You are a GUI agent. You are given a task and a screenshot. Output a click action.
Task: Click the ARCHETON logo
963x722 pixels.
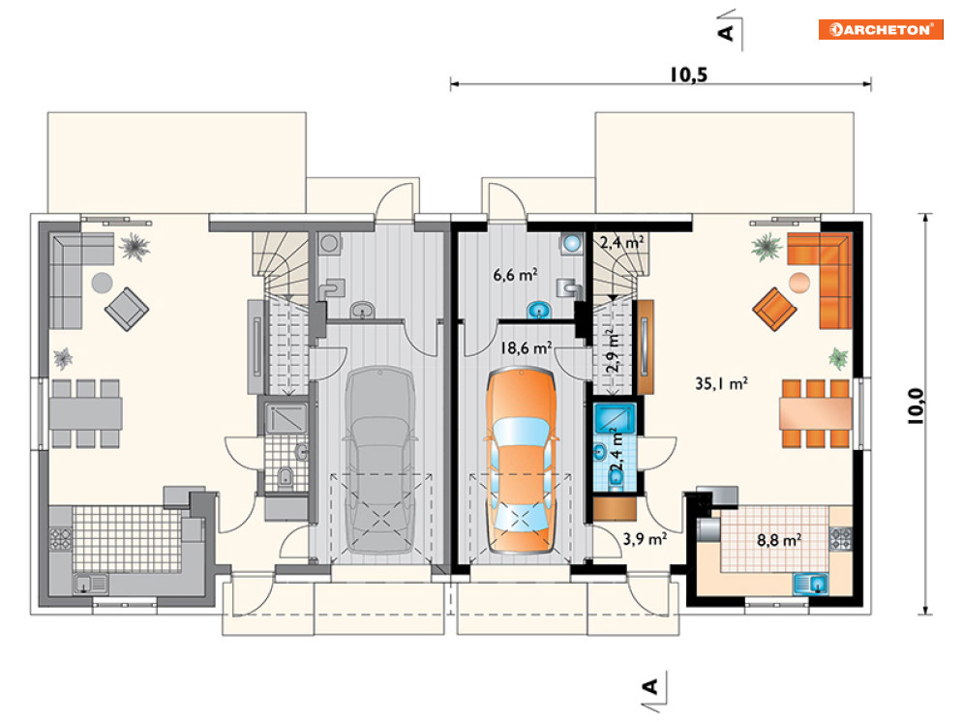point(880,29)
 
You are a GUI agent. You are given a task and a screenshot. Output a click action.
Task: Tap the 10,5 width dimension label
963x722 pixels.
point(688,75)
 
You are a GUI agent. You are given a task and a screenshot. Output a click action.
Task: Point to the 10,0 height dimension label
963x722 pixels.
point(916,406)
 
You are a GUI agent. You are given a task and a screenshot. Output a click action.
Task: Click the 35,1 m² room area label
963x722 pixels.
point(721,383)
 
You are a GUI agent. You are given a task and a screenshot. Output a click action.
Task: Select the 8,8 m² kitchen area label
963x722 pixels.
point(779,540)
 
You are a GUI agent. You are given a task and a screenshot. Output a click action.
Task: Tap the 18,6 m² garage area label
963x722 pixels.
point(526,348)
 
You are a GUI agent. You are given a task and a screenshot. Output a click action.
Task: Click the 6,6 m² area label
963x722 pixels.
point(515,275)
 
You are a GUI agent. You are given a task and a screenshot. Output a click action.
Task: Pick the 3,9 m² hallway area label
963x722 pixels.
point(645,539)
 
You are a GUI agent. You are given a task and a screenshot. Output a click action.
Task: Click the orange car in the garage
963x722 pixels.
point(522,460)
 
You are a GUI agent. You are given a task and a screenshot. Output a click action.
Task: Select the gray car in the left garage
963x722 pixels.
point(380,460)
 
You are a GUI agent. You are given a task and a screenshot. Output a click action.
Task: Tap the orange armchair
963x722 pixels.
point(774,309)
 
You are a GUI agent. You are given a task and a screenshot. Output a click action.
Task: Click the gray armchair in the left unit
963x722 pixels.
point(127,309)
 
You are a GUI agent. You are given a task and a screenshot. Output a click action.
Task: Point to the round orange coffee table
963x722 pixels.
point(799,283)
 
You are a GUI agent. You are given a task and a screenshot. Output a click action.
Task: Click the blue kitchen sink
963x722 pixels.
point(811,584)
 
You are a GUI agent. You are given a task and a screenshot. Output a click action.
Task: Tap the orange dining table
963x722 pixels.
point(816,413)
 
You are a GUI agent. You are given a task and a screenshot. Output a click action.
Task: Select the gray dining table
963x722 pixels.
point(85,413)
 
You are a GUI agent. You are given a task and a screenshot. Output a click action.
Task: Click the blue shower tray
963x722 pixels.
point(615,418)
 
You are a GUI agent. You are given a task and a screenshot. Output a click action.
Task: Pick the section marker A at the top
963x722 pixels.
point(726,32)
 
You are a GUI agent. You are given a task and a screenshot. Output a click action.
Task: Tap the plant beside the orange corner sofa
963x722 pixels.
point(767,248)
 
